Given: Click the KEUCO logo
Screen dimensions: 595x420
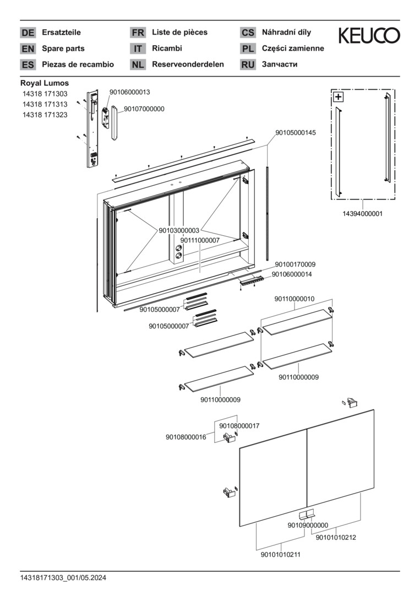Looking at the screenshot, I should tap(369, 36).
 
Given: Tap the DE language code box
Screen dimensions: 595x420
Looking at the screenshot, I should tap(28, 33).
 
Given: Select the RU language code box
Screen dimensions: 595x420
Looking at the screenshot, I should tap(248, 64).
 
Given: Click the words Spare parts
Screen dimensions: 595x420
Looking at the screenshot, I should tap(63, 48).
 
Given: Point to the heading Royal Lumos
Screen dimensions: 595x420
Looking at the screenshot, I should tap(45, 83).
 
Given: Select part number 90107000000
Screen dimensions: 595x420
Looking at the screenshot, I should tap(144, 109).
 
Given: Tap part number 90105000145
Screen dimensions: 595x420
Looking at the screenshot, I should tap(296, 133).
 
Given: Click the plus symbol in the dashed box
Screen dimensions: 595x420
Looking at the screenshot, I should tap(338, 97).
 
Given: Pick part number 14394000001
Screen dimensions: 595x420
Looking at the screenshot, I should tap(363, 213).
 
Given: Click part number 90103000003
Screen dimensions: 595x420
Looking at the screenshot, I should tap(179, 230).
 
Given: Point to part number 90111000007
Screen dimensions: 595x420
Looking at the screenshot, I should tap(200, 240).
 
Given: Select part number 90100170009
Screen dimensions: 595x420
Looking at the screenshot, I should tap(295, 264).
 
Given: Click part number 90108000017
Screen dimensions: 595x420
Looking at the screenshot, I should tap(239, 426).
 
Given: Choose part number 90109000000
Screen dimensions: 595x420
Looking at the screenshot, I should tap(308, 525).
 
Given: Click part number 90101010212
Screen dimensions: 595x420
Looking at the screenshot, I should tap(336, 538).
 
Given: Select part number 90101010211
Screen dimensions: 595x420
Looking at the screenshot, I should tap(281, 555).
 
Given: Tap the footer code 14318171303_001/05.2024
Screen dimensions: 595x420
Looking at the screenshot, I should tap(63, 578).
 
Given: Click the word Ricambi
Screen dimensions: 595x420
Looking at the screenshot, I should tap(167, 48).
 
